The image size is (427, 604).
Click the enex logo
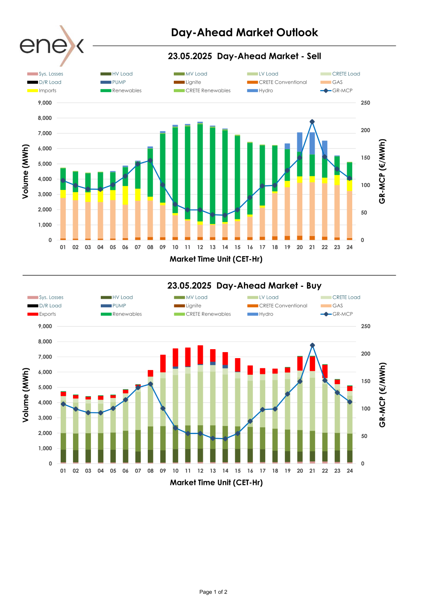click(52, 46)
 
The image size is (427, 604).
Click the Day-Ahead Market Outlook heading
click(244, 32)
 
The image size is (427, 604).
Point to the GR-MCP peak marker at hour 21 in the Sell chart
click(312, 122)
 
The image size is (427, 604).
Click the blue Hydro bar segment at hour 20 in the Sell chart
click(300, 142)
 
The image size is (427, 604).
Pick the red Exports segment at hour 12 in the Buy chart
click(200, 354)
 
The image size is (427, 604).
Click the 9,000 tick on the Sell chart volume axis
click(45, 103)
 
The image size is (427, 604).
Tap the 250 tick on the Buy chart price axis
click(366, 326)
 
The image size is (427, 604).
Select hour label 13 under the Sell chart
click(213, 247)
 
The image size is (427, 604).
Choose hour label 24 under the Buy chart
click(350, 471)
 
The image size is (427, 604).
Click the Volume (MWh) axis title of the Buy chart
click(26, 395)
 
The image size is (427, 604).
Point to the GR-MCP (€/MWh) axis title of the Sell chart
click(382, 171)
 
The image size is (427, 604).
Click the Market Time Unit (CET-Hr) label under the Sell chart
click(216, 259)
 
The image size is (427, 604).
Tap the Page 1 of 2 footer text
click(213, 592)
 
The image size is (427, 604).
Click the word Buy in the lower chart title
click(314, 286)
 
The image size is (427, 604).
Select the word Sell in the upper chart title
click(314, 56)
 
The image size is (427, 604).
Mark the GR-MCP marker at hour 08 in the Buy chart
click(150, 384)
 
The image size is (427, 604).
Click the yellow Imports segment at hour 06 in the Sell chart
click(125, 195)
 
